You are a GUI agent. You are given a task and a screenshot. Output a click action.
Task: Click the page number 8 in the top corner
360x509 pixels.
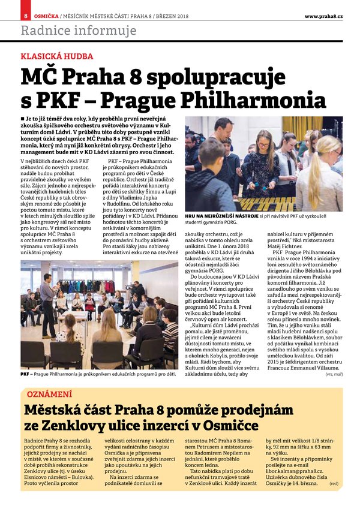pyautogui.click(x=26, y=15)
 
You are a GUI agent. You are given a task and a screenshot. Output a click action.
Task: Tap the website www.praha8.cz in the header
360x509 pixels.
pyautogui.click(x=323, y=16)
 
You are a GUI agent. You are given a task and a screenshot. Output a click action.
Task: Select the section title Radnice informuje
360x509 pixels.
pyautogui.click(x=79, y=31)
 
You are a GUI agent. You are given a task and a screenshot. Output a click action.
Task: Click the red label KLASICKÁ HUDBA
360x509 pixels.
pyautogui.click(x=57, y=57)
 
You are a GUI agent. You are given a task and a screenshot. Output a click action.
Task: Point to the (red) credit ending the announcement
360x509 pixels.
pyautogui.click(x=334, y=483)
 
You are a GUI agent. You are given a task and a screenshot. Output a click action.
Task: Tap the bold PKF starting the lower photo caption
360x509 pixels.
pyautogui.click(x=25, y=374)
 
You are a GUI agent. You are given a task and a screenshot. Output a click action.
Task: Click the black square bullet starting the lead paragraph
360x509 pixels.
pyautogui.click(x=22, y=121)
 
